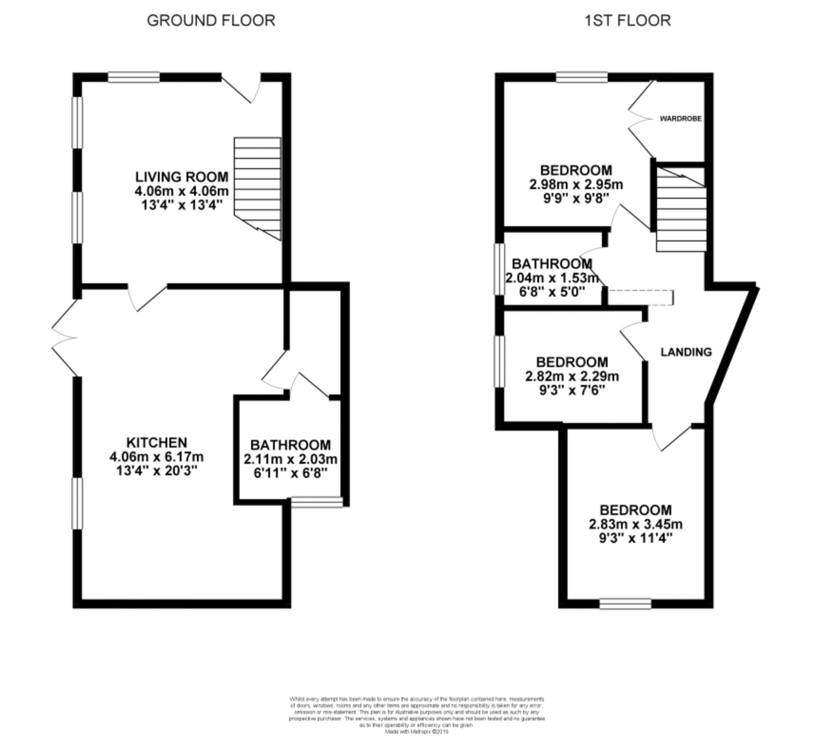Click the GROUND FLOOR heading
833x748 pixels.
tap(211, 20)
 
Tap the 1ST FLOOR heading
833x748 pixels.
tap(627, 20)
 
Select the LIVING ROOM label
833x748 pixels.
tap(182, 177)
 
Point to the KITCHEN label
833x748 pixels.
tap(156, 442)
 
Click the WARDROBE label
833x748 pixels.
tap(680, 118)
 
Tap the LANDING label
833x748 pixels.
tap(686, 352)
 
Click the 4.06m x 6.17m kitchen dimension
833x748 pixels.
tap(156, 457)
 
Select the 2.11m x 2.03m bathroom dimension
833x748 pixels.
tap(290, 459)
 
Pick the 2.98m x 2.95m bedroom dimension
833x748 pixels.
tap(576, 184)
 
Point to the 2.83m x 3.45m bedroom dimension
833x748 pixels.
tap(635, 524)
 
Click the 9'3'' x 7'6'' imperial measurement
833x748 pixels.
tap(572, 390)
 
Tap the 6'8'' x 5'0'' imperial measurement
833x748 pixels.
tap(552, 291)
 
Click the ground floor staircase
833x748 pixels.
tap(258, 188)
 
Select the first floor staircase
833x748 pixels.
tap(681, 209)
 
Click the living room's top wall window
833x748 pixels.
tap(134, 77)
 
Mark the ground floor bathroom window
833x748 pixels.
tap(316, 502)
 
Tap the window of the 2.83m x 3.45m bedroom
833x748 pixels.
tap(625, 603)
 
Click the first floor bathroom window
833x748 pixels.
tap(499, 269)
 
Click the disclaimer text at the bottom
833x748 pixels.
tap(416, 715)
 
